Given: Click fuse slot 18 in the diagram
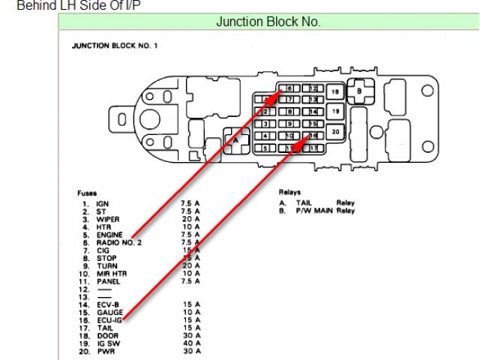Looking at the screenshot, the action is pos(335,91).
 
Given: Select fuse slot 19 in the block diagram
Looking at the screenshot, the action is pos(335,111).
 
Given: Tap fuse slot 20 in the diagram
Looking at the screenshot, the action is pos(335,131).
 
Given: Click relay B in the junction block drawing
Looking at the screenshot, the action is pos(358,91).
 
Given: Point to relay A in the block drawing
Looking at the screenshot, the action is pos(235,139).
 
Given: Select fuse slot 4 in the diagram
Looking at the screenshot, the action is pos(265,136).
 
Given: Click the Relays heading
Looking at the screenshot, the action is pos(289,192).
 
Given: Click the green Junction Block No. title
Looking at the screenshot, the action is pos(268,22).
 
